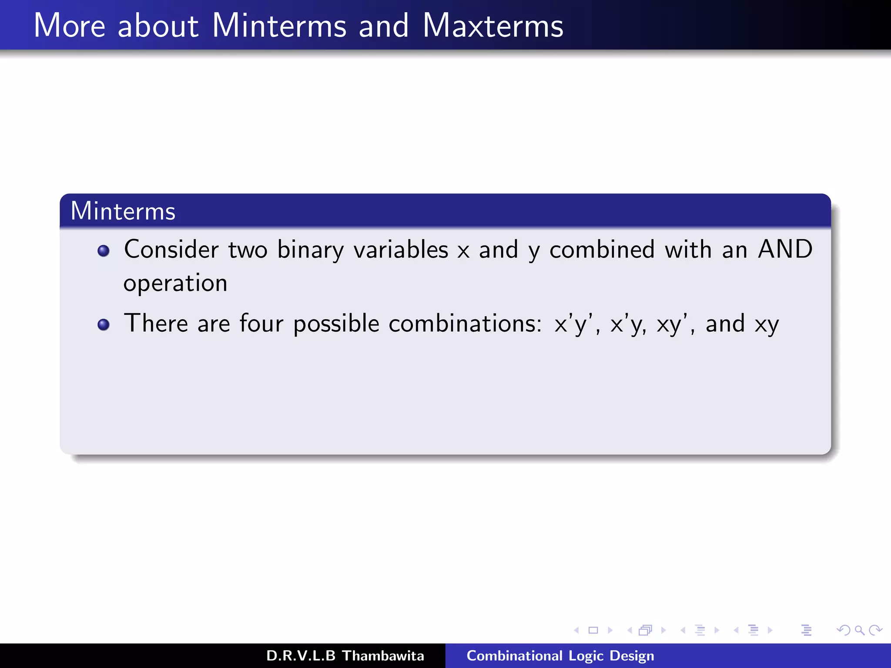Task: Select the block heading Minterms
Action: tap(123, 211)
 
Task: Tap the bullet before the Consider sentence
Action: tap(104, 251)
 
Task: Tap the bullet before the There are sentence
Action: tap(104, 325)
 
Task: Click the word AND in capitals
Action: tap(785, 249)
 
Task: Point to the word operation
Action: tap(175, 284)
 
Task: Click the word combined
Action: tap(602, 250)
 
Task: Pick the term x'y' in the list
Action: tap(573, 324)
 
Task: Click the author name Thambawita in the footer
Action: tap(383, 656)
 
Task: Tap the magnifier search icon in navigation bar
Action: tap(859, 630)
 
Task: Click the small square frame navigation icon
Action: tap(593, 630)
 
